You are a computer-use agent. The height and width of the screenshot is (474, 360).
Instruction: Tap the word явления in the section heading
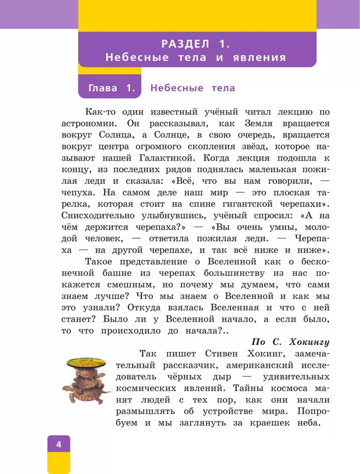pyautogui.click(x=259, y=57)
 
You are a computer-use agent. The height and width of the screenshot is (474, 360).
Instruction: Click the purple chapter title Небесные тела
pyautogui.click(x=193, y=88)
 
